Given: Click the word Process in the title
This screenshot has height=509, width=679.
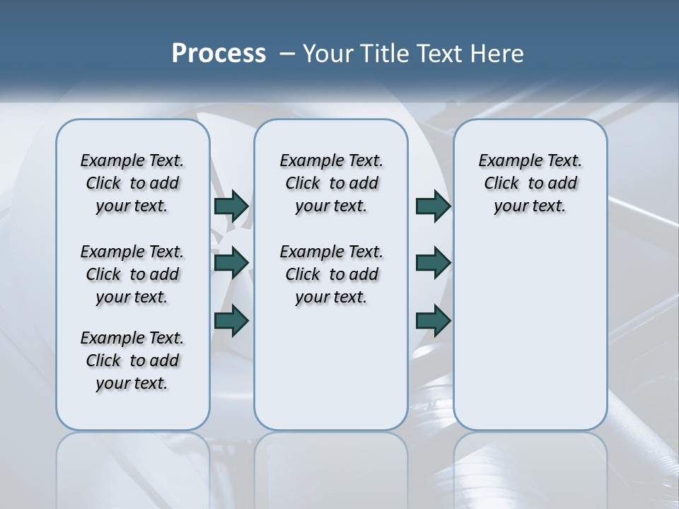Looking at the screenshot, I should (x=219, y=54).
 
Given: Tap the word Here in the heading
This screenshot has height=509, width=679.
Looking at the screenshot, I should (x=498, y=54).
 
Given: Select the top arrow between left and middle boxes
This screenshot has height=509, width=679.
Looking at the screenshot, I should (x=231, y=206).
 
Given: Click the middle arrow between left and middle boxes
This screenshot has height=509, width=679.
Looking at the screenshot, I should (x=231, y=263).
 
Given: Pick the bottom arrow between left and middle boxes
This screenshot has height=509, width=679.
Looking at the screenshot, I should (x=231, y=320).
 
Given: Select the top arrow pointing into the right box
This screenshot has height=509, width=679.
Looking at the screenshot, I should (x=433, y=206).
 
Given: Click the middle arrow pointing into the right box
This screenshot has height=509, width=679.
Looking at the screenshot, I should (x=433, y=263).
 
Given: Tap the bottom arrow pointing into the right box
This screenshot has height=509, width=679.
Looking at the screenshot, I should (x=433, y=320).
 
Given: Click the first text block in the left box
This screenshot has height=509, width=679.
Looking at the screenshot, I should (x=132, y=183).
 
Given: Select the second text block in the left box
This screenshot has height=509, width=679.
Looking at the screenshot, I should (x=132, y=274).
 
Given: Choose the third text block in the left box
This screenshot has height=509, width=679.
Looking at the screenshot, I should (x=132, y=361).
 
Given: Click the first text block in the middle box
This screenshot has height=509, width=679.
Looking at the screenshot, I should (x=331, y=183).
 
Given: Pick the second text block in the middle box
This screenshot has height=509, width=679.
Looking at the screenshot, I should (x=331, y=274).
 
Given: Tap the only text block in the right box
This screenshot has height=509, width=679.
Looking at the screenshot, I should (x=530, y=183).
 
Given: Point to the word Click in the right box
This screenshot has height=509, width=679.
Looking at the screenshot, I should (x=501, y=184).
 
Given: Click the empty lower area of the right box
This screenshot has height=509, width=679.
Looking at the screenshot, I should (x=530, y=339).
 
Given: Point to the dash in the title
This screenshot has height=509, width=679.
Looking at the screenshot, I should (x=288, y=54).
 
